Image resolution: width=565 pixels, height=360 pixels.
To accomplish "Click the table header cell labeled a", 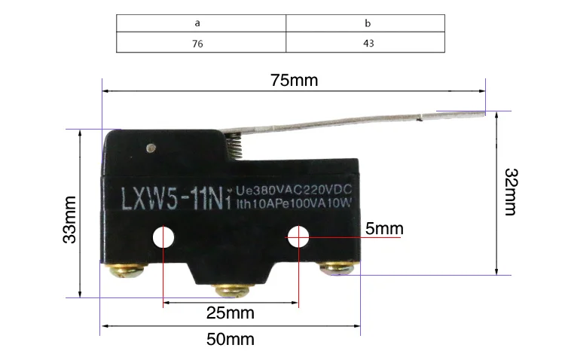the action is tap(201, 23).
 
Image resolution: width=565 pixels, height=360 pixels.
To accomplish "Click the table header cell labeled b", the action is tap(365, 23).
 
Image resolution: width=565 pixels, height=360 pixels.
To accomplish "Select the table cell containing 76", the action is tap(201, 42).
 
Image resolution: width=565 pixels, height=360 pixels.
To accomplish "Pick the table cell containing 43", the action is tap(365, 42).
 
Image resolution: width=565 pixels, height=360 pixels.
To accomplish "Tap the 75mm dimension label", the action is tap(295, 80).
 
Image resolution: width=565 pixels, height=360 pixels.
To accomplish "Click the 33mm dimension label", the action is tap(69, 220).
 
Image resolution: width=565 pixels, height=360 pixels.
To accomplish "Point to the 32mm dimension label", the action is tap(511, 192).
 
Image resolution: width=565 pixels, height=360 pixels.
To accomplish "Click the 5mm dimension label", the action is tap(384, 228).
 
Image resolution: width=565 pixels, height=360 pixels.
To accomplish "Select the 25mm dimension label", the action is tap(231, 313).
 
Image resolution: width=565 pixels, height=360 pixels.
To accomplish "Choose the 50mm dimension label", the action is tap(231, 339).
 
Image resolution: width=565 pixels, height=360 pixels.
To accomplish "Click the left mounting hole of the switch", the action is tap(163, 237).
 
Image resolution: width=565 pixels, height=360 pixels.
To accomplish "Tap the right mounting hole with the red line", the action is tap(298, 236).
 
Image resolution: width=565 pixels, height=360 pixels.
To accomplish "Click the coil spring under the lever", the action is tap(234, 145).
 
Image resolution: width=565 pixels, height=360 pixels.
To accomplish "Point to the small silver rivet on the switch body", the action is tap(151, 148).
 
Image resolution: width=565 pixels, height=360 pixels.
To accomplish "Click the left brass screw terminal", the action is tap(127, 270).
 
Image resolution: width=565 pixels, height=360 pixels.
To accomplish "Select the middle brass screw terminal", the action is tap(231, 291).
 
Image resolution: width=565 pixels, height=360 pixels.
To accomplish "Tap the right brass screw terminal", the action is tap(339, 268).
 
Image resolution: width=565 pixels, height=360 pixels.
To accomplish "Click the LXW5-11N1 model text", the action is tap(176, 199).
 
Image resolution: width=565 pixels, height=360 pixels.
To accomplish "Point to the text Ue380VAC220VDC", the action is tap(294, 190).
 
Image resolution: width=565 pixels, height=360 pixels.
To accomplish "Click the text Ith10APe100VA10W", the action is tap(294, 203).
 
